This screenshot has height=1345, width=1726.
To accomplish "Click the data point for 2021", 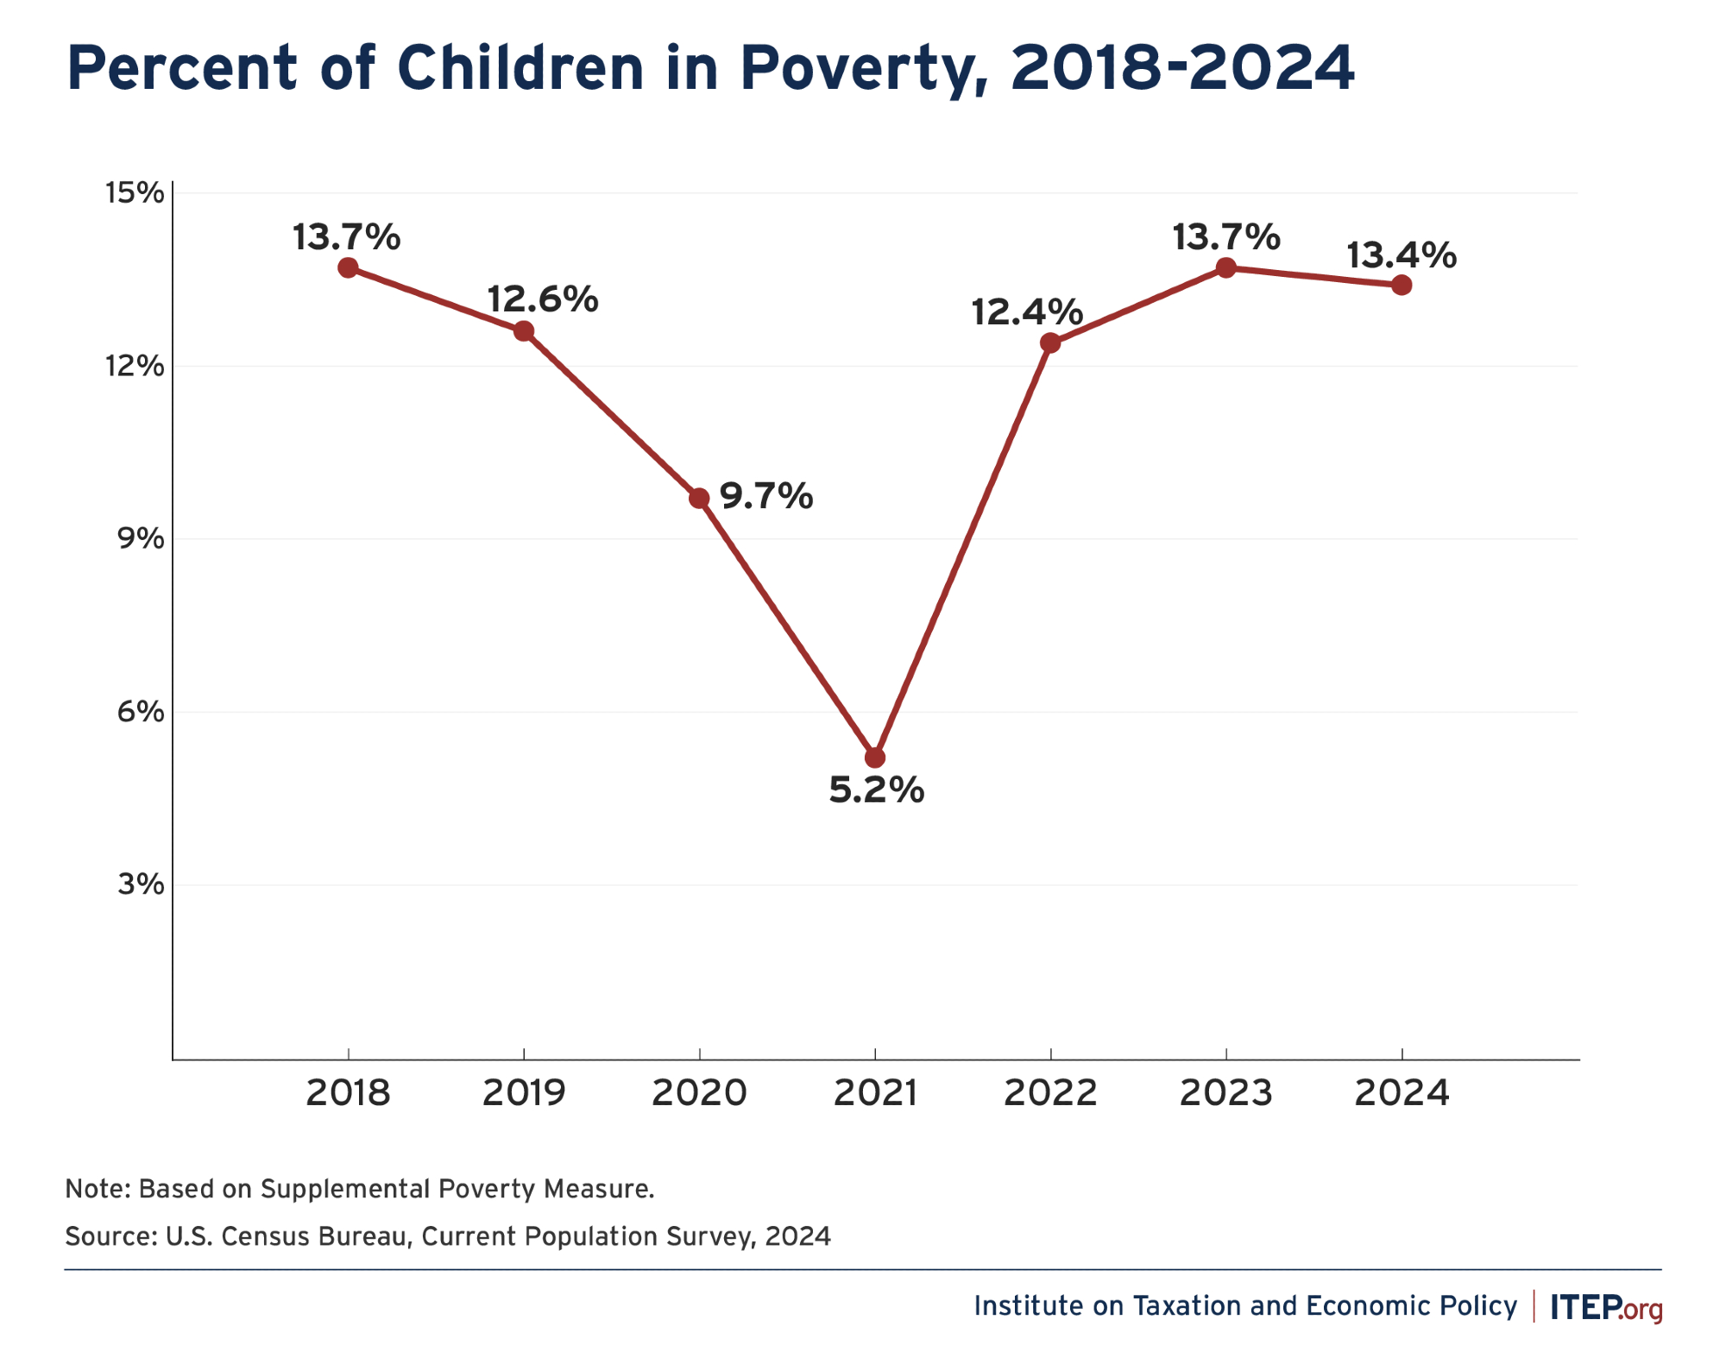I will [875, 757].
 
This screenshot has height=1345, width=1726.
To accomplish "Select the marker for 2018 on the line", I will [348, 267].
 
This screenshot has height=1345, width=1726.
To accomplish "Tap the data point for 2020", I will [699, 499].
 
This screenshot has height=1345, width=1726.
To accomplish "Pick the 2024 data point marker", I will [1402, 285].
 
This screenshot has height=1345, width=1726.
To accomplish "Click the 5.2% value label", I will [876, 790].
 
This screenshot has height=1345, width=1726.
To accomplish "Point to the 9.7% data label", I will [766, 496].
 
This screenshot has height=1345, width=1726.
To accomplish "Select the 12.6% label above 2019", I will [542, 299].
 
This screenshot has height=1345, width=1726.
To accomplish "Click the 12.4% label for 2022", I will [1026, 311].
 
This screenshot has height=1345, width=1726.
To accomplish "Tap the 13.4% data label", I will [1401, 255].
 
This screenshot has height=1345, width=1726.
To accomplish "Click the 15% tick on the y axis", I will [135, 192].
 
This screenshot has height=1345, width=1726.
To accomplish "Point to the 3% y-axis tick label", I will [141, 884].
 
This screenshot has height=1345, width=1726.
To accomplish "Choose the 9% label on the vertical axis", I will [141, 538].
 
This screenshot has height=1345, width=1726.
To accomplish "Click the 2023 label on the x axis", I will [1225, 1093].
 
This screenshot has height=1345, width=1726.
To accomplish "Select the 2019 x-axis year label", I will [523, 1093].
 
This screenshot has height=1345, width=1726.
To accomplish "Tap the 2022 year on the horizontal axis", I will [1050, 1093].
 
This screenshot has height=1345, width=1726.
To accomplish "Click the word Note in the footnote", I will [97, 1189].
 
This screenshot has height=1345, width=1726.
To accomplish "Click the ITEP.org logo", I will [1606, 1307].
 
